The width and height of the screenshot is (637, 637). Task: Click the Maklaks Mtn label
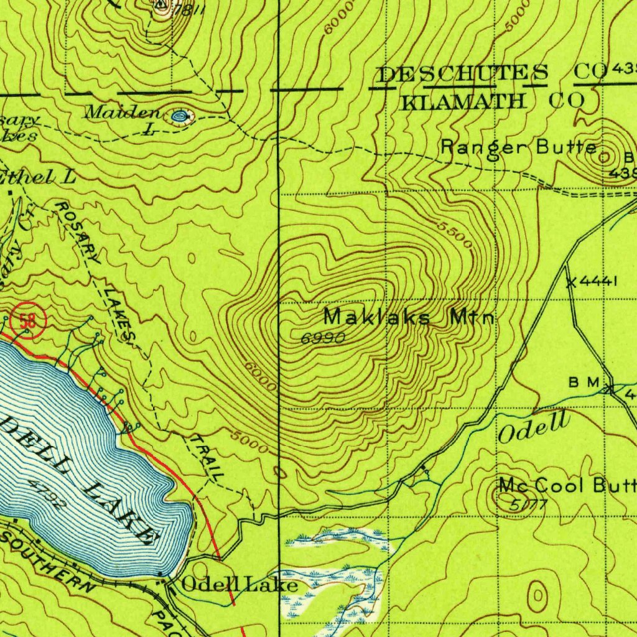point(409,317)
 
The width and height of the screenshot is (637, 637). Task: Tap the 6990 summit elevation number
point(322,338)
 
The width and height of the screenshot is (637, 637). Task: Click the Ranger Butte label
point(519,147)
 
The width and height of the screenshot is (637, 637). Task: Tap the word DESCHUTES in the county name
point(463,74)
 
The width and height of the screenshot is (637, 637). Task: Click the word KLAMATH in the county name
point(463,100)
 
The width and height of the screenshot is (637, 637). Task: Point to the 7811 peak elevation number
point(188,11)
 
